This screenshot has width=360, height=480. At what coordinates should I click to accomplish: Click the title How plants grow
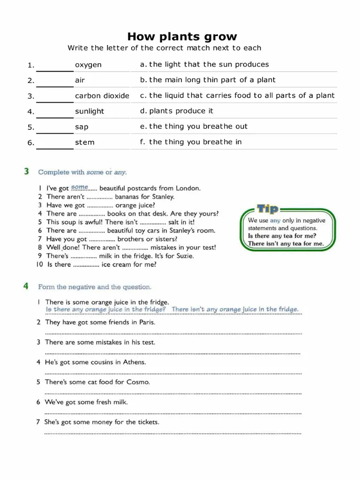[182, 37]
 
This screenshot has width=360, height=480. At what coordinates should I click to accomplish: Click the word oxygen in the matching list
[88, 65]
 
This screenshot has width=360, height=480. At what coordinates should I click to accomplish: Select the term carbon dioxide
[102, 96]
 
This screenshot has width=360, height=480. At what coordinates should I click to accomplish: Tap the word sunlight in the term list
[90, 112]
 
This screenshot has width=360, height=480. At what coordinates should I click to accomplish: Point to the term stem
[84, 142]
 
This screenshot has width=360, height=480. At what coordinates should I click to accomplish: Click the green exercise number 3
[27, 172]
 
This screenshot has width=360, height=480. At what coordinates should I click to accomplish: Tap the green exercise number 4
[27, 286]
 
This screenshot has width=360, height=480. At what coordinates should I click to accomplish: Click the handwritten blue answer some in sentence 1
[80, 187]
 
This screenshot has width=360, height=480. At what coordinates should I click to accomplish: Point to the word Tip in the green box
[267, 209]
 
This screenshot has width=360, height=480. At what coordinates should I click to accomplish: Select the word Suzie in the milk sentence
[184, 256]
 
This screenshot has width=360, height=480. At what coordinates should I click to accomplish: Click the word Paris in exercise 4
[147, 322]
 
